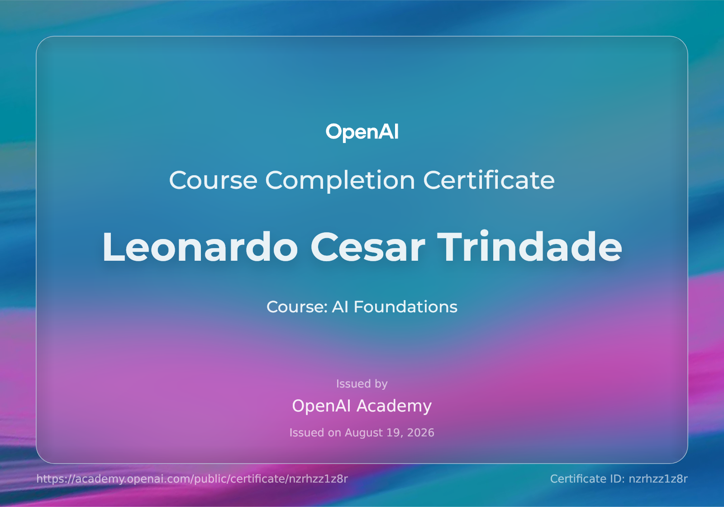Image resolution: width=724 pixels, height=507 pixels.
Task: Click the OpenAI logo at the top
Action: tap(362, 132)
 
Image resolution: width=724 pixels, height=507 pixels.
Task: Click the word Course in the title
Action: tap(213, 180)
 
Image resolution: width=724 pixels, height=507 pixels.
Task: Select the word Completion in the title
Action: tap(340, 181)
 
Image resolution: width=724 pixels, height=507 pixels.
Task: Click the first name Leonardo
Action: tap(200, 247)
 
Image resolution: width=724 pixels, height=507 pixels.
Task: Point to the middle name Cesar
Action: tap(367, 247)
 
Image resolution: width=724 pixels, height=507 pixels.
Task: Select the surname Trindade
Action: tap(529, 246)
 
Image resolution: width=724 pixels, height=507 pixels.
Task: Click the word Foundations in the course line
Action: tap(405, 306)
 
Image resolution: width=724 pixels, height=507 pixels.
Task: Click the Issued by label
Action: tap(362, 384)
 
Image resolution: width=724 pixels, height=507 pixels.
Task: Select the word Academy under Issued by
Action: tap(394, 406)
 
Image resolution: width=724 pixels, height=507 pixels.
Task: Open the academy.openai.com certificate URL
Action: tap(192, 479)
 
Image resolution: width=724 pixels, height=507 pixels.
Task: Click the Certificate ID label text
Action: tap(587, 479)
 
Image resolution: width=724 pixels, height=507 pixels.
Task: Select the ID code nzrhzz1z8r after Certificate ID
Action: tap(658, 479)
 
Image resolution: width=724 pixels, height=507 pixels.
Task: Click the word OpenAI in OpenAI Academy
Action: tap(321, 406)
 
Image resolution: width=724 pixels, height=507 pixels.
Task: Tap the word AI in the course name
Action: tap(340, 306)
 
